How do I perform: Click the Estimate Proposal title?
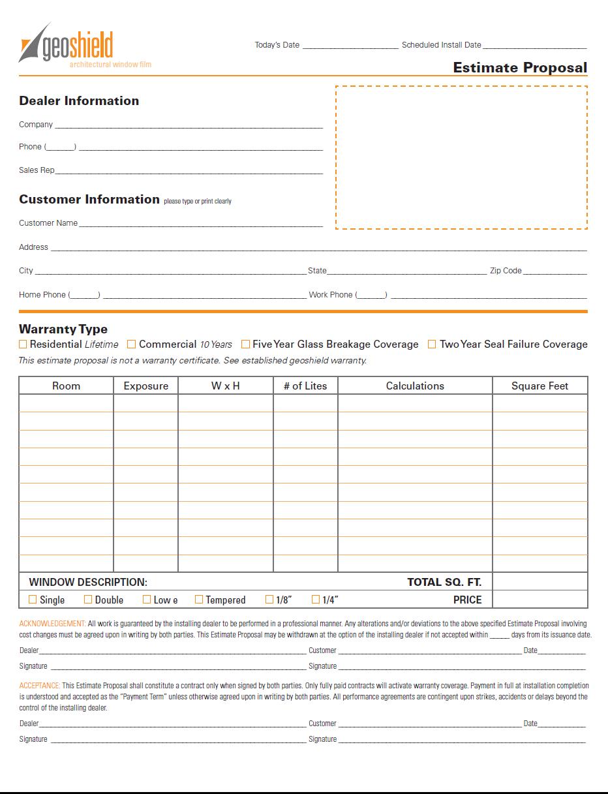tap(520, 68)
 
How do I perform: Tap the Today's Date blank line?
tap(350, 46)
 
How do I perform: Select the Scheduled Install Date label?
tap(441, 45)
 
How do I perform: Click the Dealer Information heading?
tap(79, 100)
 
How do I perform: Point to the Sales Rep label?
tap(37, 170)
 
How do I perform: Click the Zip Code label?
tap(506, 271)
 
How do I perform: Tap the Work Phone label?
tap(330, 295)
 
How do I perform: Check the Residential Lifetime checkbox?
tap(23, 344)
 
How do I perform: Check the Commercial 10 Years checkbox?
tap(131, 344)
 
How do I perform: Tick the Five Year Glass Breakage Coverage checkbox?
tap(245, 344)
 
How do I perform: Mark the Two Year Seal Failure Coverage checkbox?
tap(431, 344)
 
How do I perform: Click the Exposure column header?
tap(145, 386)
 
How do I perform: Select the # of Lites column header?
tap(305, 386)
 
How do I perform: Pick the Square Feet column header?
tap(540, 386)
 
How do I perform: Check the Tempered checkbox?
tap(199, 599)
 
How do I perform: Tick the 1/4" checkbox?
tap(316, 599)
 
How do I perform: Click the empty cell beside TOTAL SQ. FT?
tap(540, 581)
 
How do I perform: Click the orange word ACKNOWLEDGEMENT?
tap(52, 624)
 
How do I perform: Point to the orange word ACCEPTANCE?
tap(40, 686)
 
